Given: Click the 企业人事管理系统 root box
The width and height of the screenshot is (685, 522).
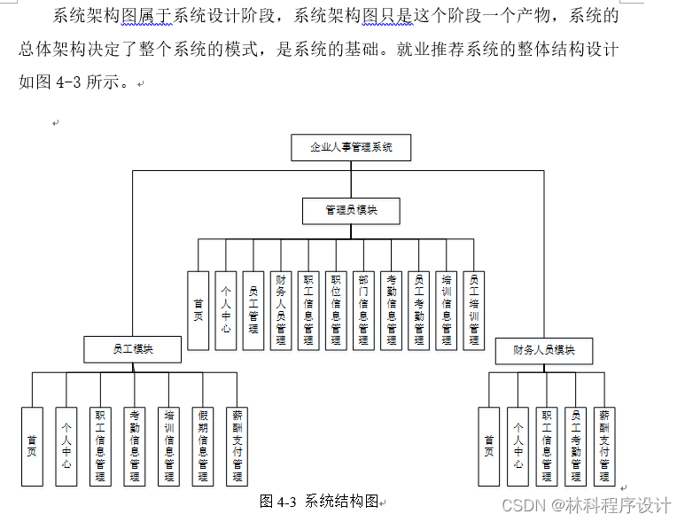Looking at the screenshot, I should pyautogui.click(x=351, y=147).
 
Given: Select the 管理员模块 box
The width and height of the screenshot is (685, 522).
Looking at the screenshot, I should pyautogui.click(x=351, y=210).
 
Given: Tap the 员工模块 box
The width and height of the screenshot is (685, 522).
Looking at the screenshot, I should pyautogui.click(x=133, y=349).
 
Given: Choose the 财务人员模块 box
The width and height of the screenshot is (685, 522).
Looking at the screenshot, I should pyautogui.click(x=543, y=350).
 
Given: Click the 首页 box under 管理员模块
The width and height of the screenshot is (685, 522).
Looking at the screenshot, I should pyautogui.click(x=198, y=309).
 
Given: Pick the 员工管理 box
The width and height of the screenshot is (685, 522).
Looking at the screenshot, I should pyautogui.click(x=253, y=309).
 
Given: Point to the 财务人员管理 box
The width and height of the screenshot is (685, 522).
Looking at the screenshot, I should pyautogui.click(x=281, y=309).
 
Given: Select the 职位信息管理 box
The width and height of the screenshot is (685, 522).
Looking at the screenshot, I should pyautogui.click(x=336, y=309).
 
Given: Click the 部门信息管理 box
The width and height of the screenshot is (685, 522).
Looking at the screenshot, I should pyautogui.click(x=363, y=309).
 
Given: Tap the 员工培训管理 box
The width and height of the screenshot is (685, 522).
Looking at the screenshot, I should pyautogui.click(x=474, y=309).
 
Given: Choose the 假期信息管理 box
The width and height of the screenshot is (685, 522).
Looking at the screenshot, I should pyautogui.click(x=203, y=446).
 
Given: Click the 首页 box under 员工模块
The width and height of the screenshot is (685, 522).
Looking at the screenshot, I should pyautogui.click(x=32, y=446).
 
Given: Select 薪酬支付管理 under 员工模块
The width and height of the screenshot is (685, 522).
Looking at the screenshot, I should pyautogui.click(x=237, y=446).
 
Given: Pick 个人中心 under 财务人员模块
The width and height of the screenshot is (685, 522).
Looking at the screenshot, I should pyautogui.click(x=518, y=446).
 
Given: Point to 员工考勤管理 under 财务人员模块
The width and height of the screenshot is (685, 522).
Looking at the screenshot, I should pyautogui.click(x=575, y=446).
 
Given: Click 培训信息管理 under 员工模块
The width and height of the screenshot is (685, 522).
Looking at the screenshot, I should pyautogui.click(x=168, y=446).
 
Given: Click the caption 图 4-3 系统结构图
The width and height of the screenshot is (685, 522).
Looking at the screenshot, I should pyautogui.click(x=320, y=502).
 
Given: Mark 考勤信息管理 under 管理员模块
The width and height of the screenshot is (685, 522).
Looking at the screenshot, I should pyautogui.click(x=391, y=309).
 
